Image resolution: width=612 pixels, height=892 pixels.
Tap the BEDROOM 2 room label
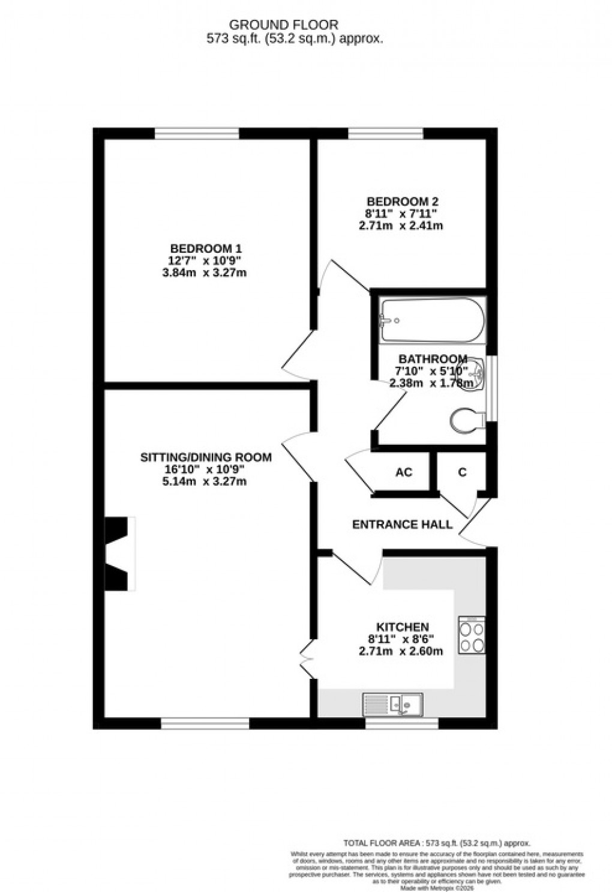(398, 202)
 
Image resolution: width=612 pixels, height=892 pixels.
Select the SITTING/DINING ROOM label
(206, 457)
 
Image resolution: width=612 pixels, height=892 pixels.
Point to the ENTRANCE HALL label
(402, 525)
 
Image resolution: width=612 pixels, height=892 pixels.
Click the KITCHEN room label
(402, 627)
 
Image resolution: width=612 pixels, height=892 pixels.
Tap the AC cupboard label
(404, 472)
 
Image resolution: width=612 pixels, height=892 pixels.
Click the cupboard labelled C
(462, 472)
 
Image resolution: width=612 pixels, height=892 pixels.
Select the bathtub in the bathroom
(432, 320)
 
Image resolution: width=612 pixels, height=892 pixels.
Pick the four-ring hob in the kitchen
(472, 636)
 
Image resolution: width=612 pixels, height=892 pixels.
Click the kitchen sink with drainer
(394, 704)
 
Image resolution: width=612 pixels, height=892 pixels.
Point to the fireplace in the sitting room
(118, 552)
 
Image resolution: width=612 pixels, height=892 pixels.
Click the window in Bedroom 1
(197, 133)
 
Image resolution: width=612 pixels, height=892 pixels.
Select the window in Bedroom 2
(386, 133)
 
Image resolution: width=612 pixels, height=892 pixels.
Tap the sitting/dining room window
(205, 724)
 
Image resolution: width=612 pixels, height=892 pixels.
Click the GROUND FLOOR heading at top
(284, 25)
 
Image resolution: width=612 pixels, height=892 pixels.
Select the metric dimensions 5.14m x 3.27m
(206, 481)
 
